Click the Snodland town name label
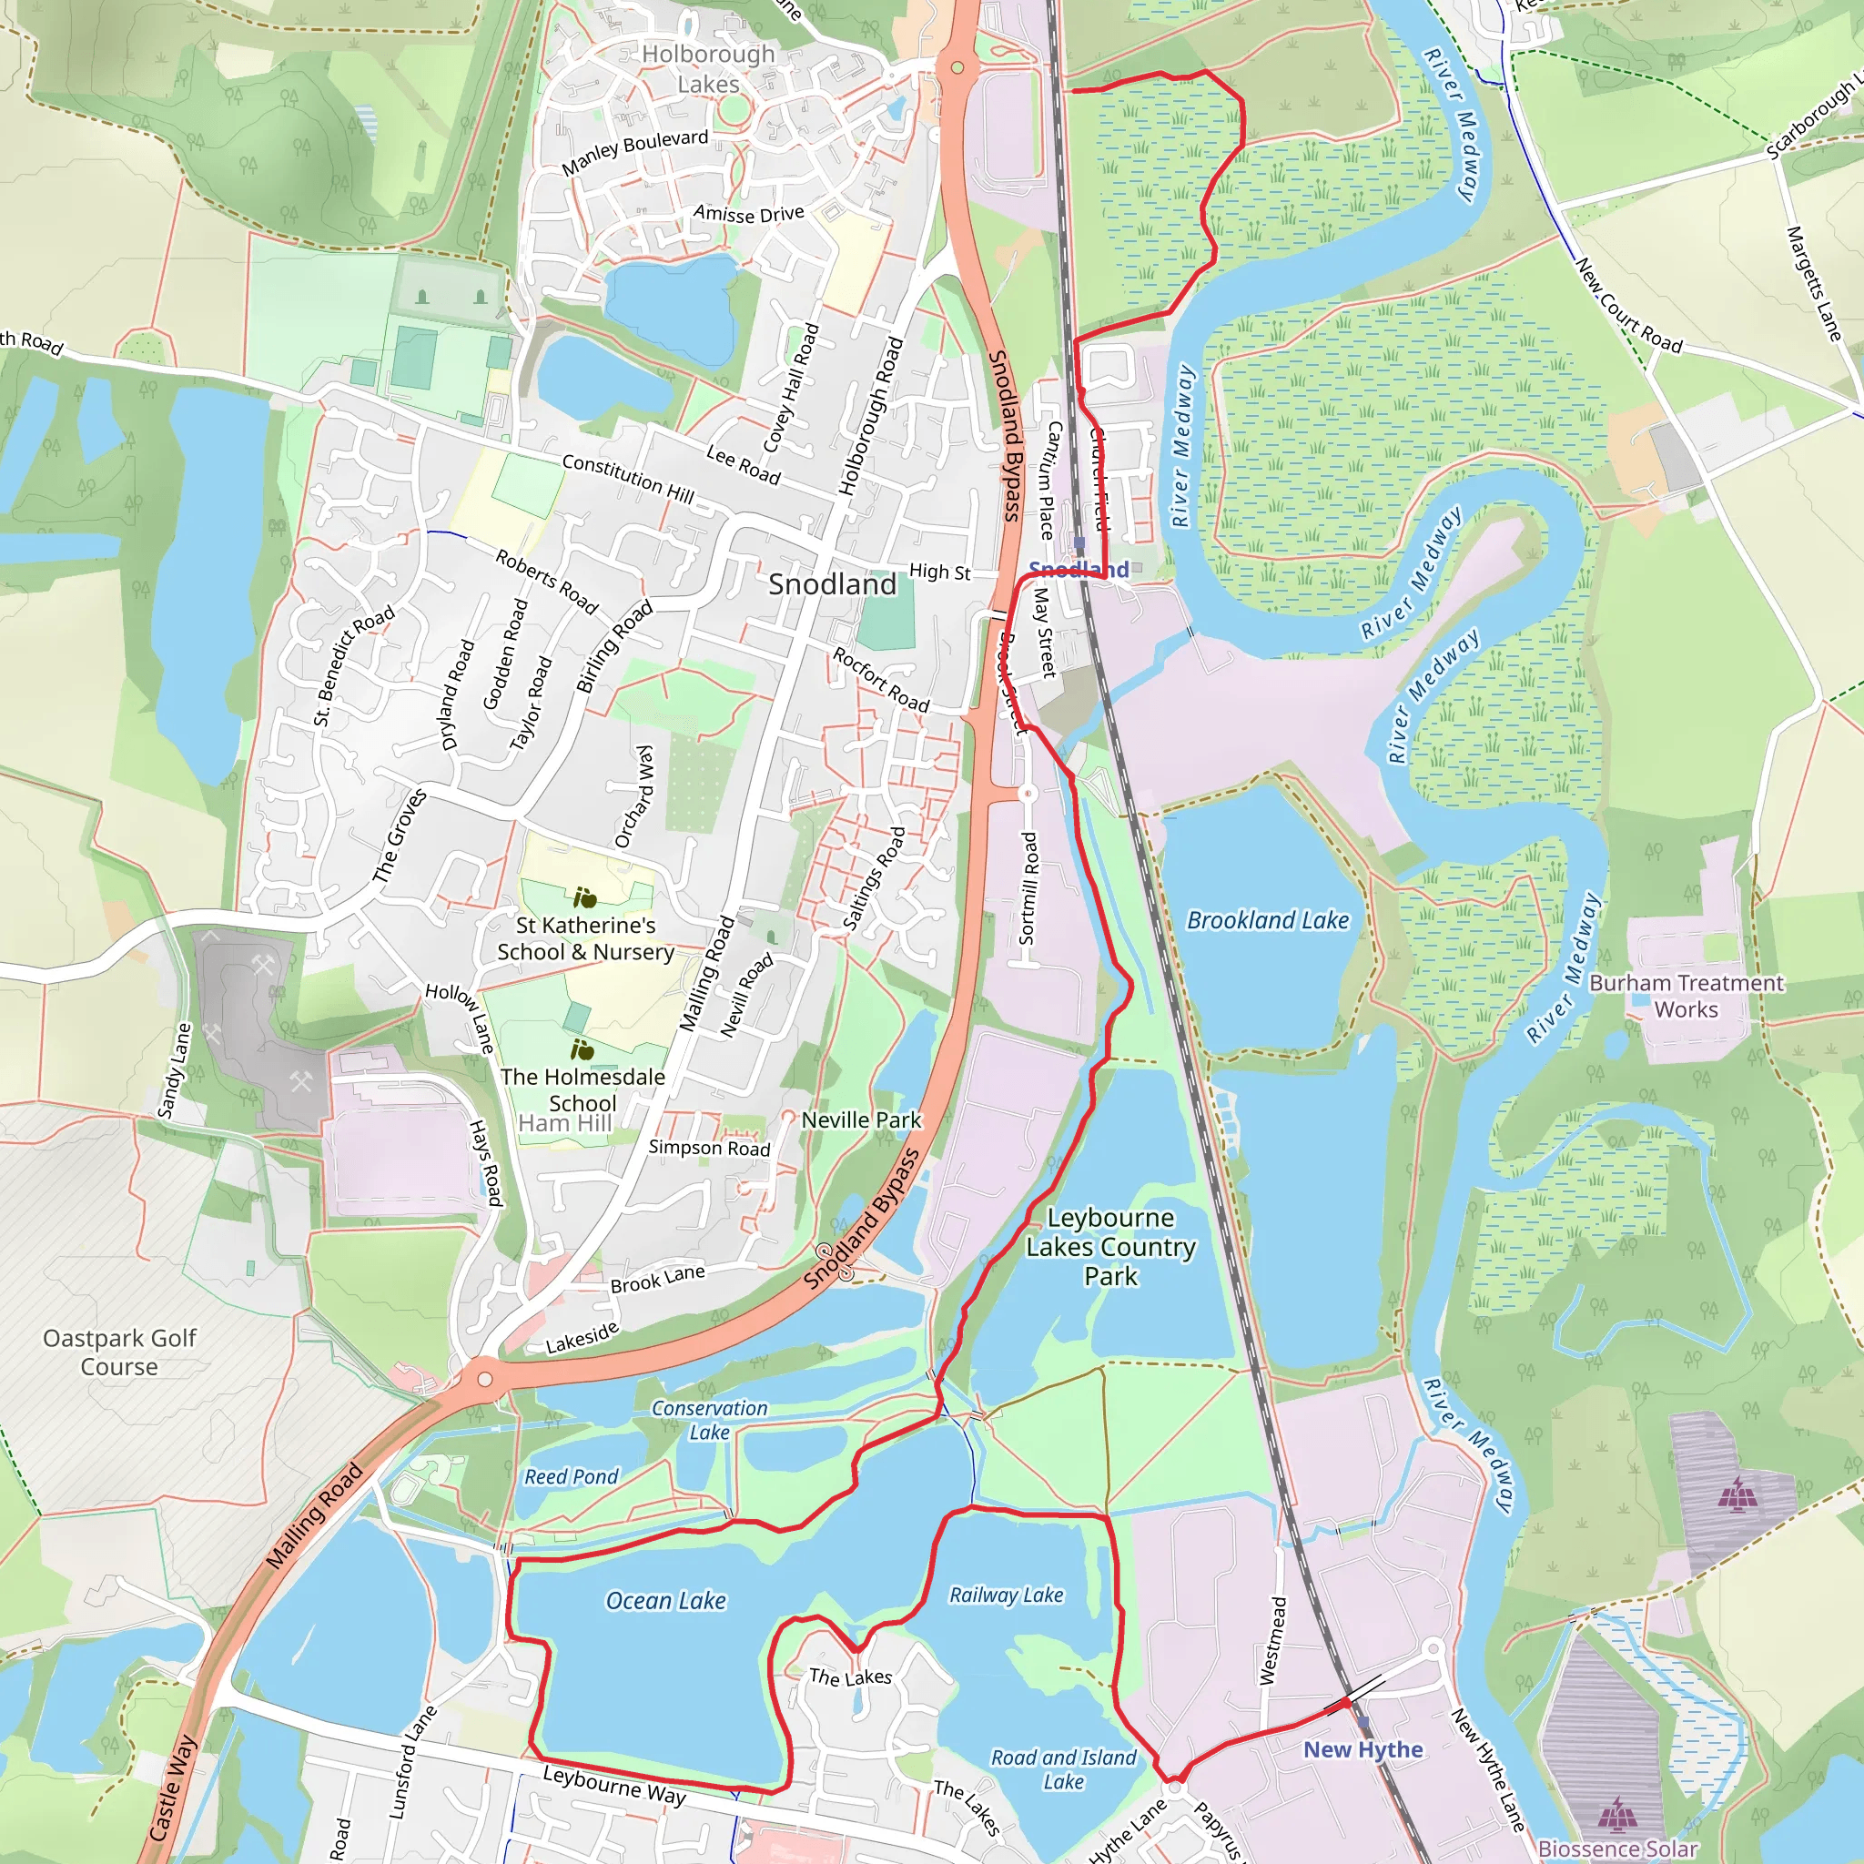pos(832,583)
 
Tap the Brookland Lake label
pos(1267,920)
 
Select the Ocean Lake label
pos(665,1601)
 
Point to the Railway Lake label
pos(1007,1595)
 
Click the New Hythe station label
pos(1363,1749)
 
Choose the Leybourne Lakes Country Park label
pos(1110,1247)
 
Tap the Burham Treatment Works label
pos(1687,996)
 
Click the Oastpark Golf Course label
pos(119,1352)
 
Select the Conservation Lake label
pos(709,1420)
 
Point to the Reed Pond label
pos(572,1476)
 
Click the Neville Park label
pos(862,1120)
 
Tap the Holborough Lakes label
pos(708,68)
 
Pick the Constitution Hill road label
pos(628,479)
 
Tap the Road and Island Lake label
pos(1063,1769)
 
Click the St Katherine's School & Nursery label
pos(585,937)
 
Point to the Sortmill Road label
pos(1028,888)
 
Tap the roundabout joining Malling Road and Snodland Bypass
pos(485,1380)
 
